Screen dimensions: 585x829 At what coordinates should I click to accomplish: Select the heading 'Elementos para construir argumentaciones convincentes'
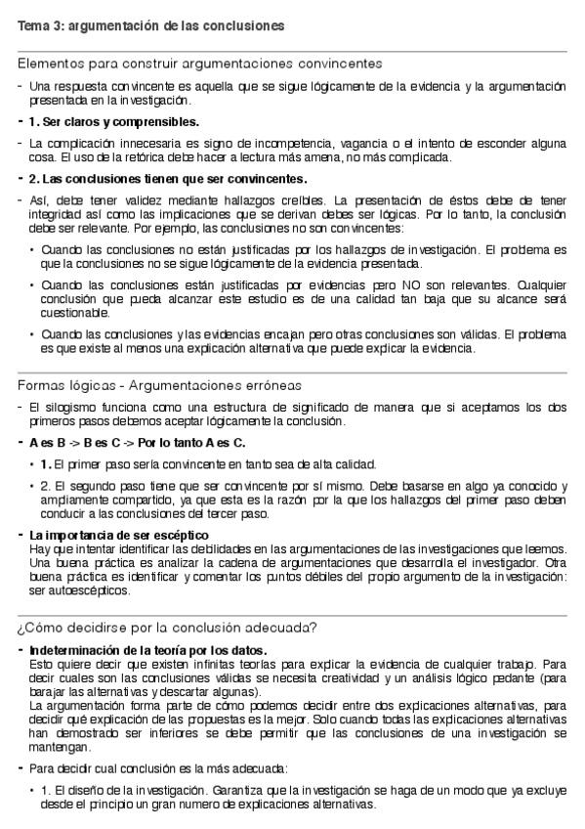pos(199,64)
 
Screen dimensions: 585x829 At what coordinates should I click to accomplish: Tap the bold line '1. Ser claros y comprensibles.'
pos(113,122)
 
